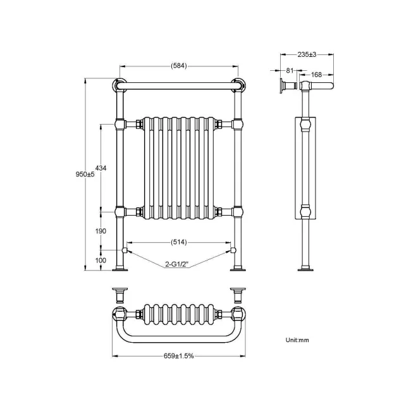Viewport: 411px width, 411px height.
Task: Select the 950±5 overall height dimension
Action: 85,175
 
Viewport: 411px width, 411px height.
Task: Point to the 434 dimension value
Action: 101,168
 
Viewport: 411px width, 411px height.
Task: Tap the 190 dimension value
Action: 101,231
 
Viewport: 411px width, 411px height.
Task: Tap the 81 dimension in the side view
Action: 289,70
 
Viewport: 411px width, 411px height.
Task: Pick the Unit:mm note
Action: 297,340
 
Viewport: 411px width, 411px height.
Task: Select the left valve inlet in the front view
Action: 125,250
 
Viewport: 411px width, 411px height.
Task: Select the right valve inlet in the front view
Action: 233,250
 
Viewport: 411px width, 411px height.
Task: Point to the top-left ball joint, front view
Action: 119,84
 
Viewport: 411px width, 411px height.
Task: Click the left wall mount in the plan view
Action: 119,294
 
